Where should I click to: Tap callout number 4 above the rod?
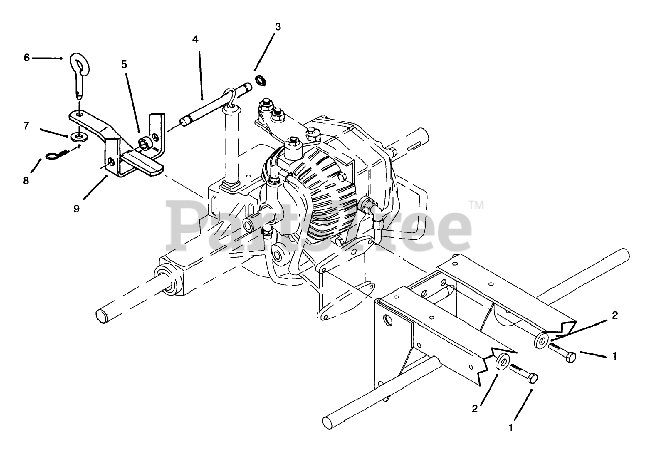[196, 39]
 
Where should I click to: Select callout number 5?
[124, 64]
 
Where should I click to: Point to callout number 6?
[27, 58]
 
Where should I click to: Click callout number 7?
[27, 125]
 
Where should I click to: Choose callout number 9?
[76, 208]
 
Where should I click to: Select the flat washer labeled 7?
[78, 136]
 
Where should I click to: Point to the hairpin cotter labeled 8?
[57, 155]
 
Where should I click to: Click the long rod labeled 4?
[213, 107]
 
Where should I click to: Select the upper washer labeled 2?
[541, 340]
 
